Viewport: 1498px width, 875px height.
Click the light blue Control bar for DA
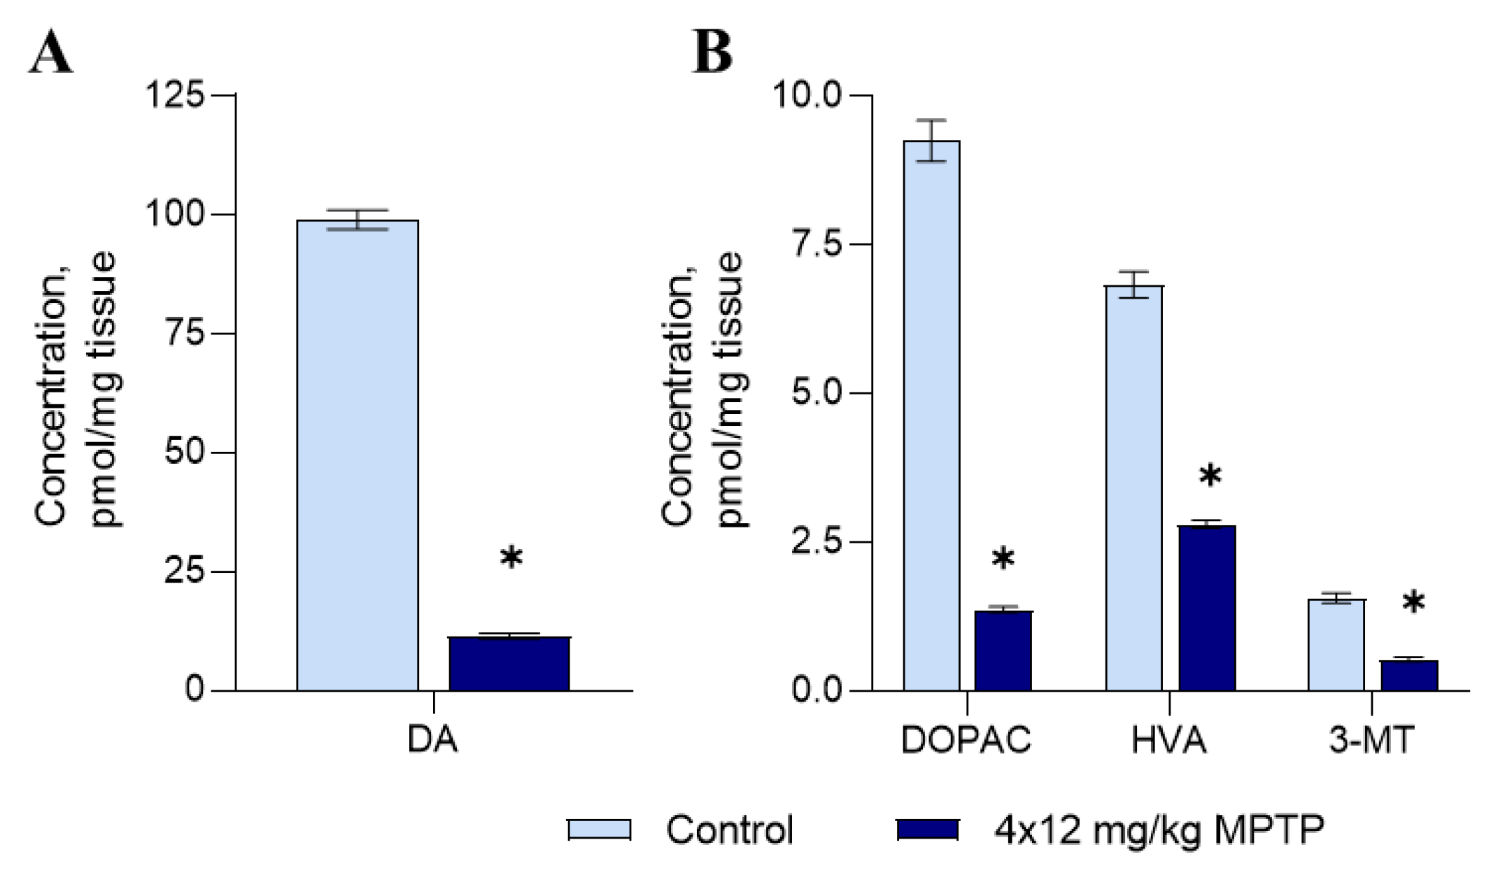[x=358, y=455]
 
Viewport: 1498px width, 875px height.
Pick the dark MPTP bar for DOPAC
[x=1003, y=650]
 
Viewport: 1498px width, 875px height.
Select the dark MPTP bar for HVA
[x=1207, y=608]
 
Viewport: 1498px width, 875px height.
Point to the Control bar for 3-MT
[x=1336, y=644]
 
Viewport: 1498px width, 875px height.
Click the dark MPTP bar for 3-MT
[x=1409, y=675]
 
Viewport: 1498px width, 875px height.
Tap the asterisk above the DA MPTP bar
[x=511, y=559]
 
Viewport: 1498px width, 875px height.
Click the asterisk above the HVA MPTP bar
[x=1210, y=478]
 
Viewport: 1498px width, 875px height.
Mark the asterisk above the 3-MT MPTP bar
[x=1413, y=603]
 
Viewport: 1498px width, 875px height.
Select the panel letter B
[x=712, y=52]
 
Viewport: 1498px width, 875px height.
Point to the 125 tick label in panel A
[x=174, y=94]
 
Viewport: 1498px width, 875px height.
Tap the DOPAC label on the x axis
[x=966, y=741]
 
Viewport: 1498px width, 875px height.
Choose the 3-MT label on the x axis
[x=1371, y=741]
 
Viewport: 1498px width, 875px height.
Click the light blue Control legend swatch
[x=600, y=830]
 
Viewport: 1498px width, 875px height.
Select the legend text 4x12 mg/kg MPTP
[x=1159, y=830]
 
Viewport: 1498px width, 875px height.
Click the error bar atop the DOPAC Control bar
[x=931, y=140]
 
